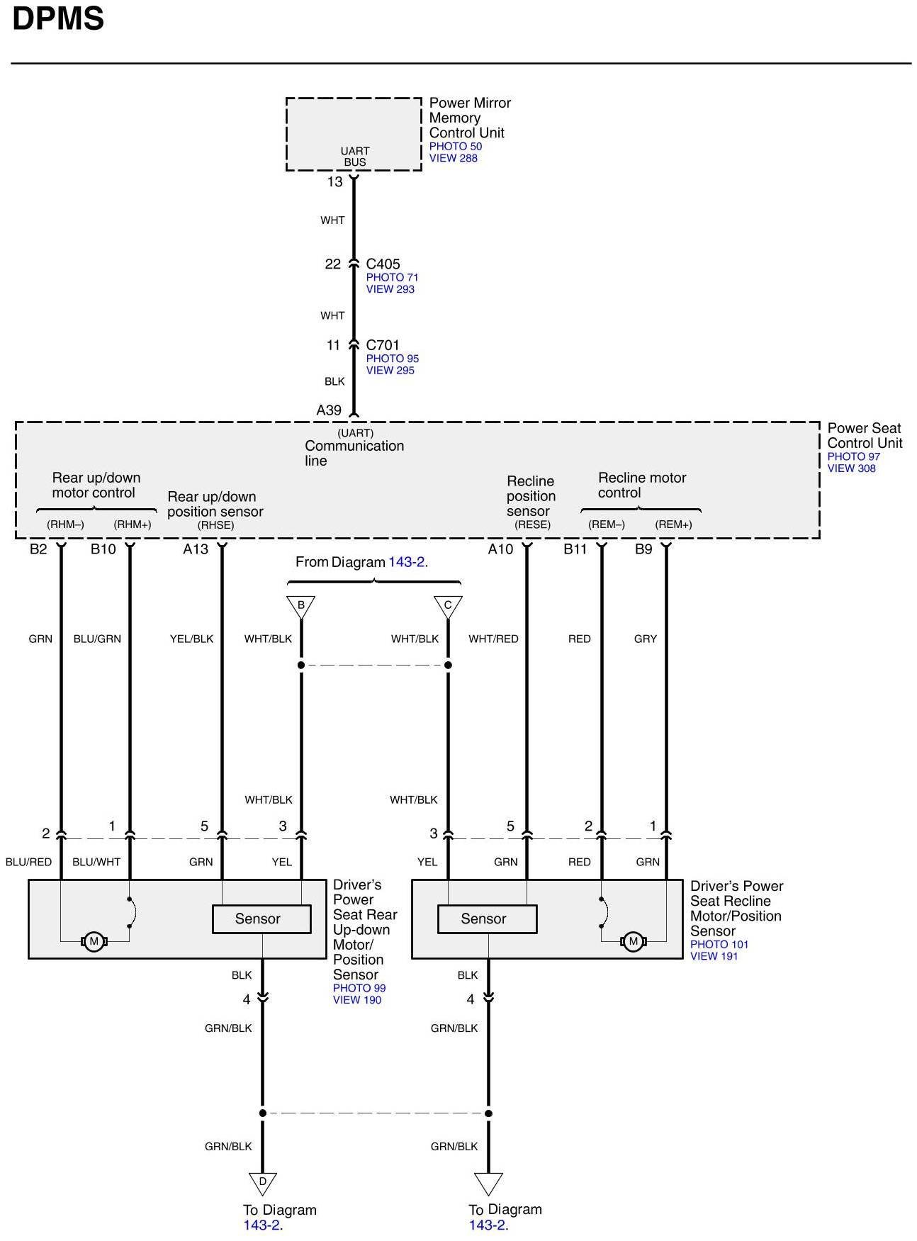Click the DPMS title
58,18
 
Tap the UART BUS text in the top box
355,157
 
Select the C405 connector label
383,264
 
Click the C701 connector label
383,346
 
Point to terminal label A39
329,410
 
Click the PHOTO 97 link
853,456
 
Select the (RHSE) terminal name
215,525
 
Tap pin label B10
103,549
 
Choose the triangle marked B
301,606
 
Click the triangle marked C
448,606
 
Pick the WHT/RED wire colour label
493,639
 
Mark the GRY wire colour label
646,639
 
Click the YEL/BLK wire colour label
191,639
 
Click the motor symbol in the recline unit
633,942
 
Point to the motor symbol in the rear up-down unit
94,942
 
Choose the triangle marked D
263,1182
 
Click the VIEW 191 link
714,956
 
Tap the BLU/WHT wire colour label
96,863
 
